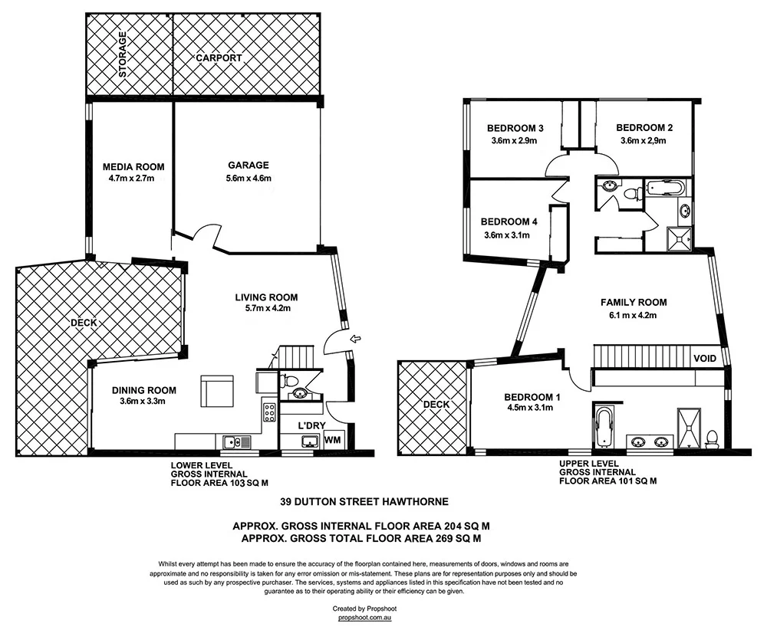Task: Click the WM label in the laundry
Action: coord(333,440)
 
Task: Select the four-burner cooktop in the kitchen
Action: coord(270,412)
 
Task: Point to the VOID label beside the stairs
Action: coord(705,358)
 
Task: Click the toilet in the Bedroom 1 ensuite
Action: coord(711,438)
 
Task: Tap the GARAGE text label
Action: coord(248,165)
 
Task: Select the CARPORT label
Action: coord(219,58)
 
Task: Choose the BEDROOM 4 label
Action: coord(509,221)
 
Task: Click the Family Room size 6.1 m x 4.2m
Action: coord(633,315)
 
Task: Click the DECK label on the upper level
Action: coord(435,404)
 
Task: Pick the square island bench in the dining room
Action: coord(217,391)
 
